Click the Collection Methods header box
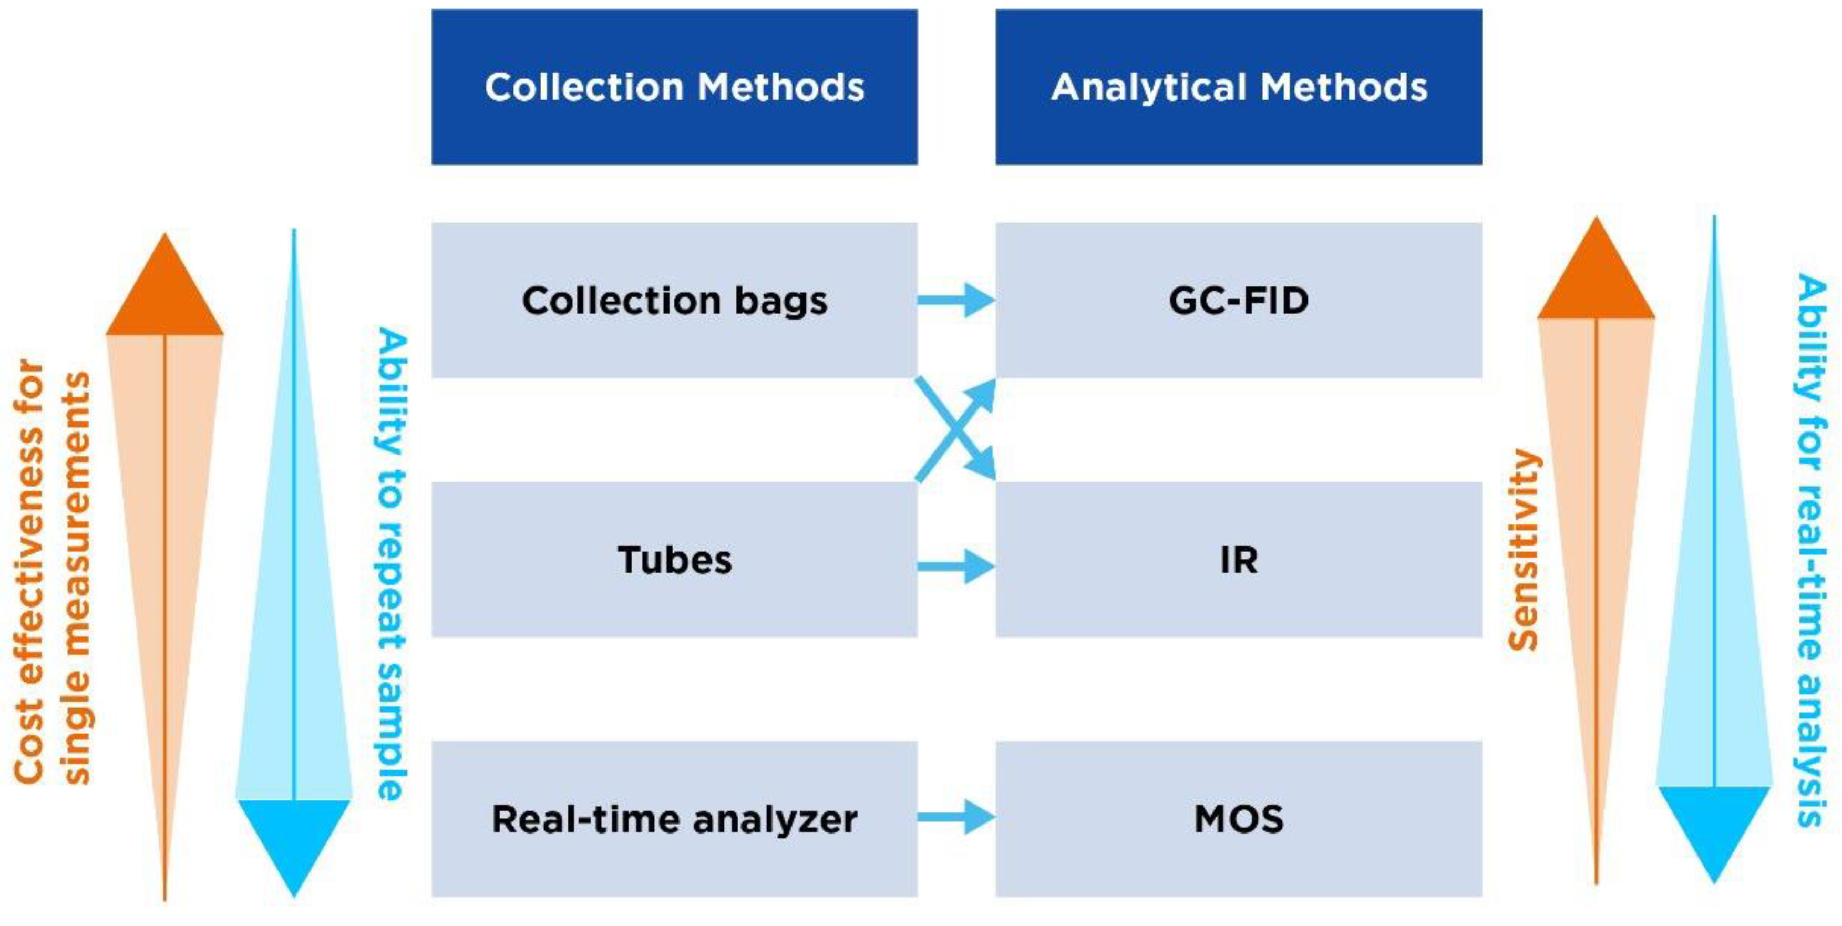[674, 87]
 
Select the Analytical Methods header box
[1239, 87]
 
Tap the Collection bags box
[674, 300]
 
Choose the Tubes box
[674, 559]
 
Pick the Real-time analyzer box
[674, 819]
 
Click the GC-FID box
[1239, 300]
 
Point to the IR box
[1239, 559]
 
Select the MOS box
[1239, 819]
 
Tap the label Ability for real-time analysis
[1811, 551]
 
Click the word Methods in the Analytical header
[1344, 87]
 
